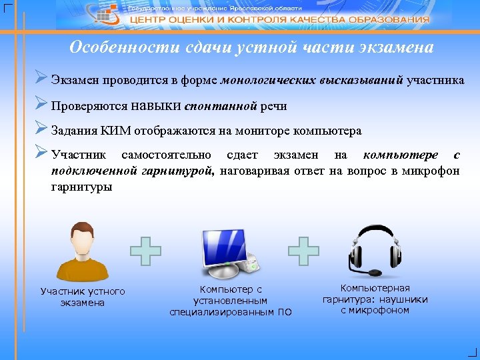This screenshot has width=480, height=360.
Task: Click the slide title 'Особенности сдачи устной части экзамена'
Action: pos(251,48)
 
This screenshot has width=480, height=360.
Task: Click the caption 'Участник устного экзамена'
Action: pos(83,297)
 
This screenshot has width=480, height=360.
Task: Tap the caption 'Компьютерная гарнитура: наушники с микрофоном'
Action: pos(375,299)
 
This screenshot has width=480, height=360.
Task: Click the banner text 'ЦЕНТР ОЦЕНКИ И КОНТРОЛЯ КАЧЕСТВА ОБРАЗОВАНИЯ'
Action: pos(279,20)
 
